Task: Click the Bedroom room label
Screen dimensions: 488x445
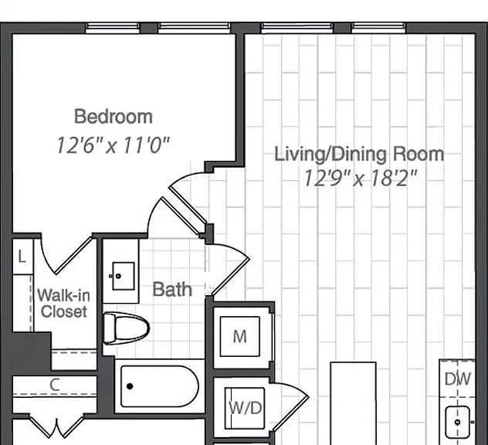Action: click(114, 117)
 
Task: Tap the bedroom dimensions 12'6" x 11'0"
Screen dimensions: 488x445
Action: click(113, 145)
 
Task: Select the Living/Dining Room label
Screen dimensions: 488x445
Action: click(359, 155)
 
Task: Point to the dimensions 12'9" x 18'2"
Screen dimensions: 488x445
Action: click(360, 178)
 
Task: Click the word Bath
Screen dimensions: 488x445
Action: click(172, 289)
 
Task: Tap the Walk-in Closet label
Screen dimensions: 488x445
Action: click(64, 304)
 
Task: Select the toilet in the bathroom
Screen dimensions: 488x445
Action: click(126, 328)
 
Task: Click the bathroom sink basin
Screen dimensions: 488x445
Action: click(124, 276)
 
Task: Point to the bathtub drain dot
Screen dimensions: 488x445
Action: click(130, 386)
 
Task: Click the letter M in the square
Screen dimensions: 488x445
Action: click(239, 337)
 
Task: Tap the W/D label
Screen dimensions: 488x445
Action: click(246, 408)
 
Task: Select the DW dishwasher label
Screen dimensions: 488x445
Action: click(457, 379)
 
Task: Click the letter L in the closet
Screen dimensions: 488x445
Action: click(22, 257)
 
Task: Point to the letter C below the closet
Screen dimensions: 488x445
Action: click(55, 385)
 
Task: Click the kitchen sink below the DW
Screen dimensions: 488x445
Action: click(457, 422)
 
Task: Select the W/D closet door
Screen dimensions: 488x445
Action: click(290, 406)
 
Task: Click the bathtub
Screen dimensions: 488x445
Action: click(160, 386)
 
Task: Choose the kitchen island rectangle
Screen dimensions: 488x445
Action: click(353, 403)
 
